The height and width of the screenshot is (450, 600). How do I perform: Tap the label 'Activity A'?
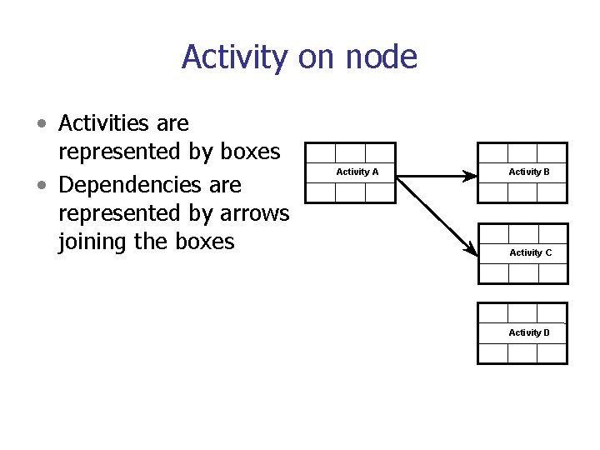coord(357,172)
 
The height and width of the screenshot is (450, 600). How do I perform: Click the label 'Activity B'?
coord(529,172)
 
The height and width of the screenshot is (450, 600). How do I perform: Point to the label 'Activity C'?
coord(530,252)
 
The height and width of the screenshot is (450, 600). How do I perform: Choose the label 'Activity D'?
coord(529,332)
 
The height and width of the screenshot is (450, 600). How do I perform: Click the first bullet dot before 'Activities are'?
coord(41,125)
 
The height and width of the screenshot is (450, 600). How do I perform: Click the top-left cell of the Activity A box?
coord(321,152)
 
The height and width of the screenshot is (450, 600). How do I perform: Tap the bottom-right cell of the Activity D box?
coord(552,353)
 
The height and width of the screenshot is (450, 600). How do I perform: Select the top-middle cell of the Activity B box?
coord(522,152)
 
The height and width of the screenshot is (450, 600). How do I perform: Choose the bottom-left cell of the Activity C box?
coord(493,273)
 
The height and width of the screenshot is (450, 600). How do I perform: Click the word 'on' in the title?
coord(325,57)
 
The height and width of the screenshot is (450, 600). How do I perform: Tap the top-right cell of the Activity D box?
coord(552,312)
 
